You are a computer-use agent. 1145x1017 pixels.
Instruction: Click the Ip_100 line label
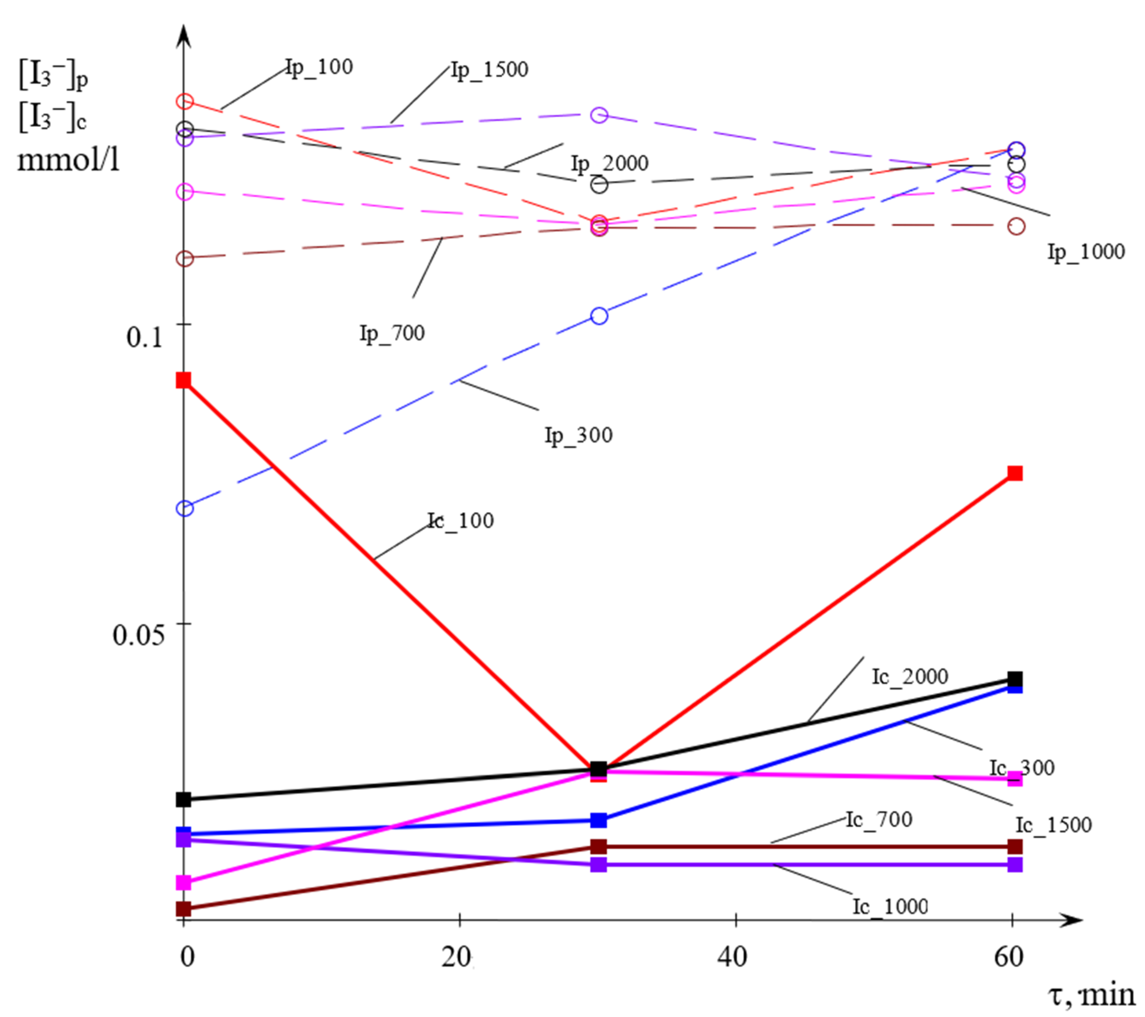tap(319, 67)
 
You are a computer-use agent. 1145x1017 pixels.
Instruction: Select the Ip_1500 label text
tap(489, 70)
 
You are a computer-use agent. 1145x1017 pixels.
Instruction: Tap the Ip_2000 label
tap(610, 163)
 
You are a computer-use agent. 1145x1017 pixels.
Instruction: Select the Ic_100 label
tap(460, 521)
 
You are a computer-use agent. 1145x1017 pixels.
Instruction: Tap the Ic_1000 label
tap(890, 906)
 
